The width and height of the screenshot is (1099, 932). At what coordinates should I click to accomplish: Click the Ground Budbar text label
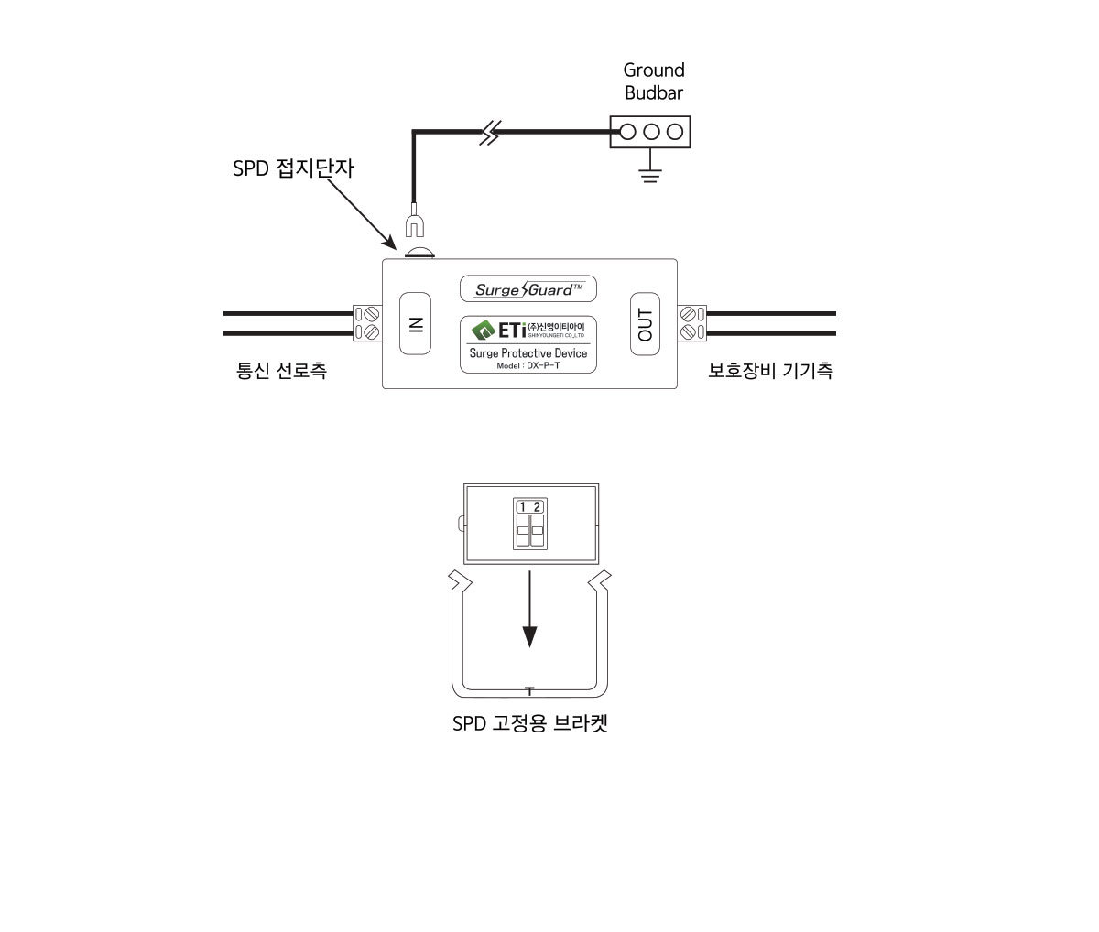coord(653,81)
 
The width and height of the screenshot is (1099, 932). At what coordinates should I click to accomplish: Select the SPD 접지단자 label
coord(292,169)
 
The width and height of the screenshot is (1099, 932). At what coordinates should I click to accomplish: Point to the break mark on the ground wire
coord(492,134)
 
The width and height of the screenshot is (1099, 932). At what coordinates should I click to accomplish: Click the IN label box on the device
coord(415,323)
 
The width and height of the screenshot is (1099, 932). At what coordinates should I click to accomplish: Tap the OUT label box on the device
coord(645,323)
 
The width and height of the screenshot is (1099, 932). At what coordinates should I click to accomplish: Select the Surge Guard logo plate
coord(528,289)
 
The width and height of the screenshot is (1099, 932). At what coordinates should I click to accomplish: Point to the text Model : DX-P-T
coord(528,364)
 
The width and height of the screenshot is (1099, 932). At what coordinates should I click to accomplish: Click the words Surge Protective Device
coord(528,353)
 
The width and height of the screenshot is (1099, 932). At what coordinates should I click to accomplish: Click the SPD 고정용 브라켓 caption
coord(530,723)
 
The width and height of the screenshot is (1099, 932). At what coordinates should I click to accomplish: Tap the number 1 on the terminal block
coord(523,507)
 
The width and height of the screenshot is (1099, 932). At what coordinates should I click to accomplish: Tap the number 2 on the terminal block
coord(537,507)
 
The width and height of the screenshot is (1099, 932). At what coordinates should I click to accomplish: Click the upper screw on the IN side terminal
coord(371,314)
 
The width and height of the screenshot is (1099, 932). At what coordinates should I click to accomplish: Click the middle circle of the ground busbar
coord(651,132)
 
